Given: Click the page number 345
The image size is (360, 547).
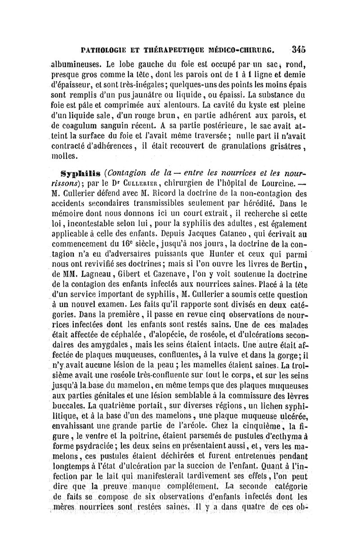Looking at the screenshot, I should [x=299, y=49].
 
